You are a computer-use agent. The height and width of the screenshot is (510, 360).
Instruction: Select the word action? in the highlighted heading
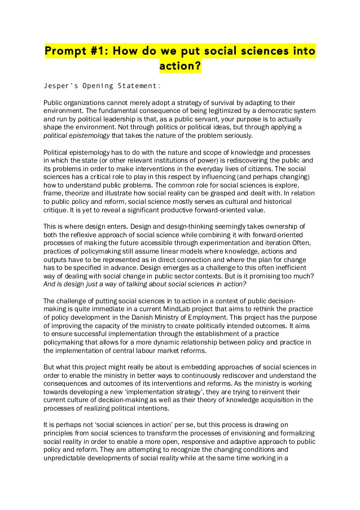pyautogui.click(x=180, y=67)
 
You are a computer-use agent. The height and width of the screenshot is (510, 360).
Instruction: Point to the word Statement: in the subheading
pyautogui.click(x=137, y=86)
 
